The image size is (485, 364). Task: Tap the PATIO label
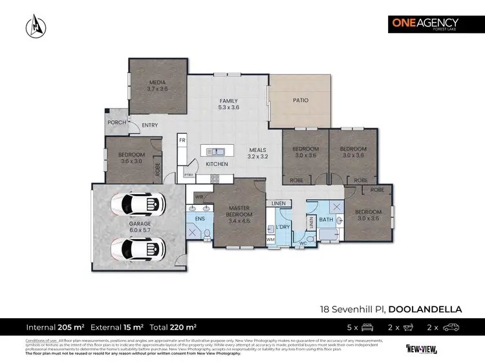pyautogui.click(x=300, y=100)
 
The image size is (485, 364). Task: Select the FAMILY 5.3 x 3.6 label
pyautogui.click(x=228, y=104)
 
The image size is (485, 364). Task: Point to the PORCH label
pyautogui.click(x=116, y=122)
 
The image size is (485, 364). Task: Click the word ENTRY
pyautogui.click(x=149, y=125)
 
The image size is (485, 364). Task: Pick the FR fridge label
pyautogui.click(x=182, y=140)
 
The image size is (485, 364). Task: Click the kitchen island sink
pyautogui.click(x=216, y=152)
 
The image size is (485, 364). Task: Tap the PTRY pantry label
pyautogui.click(x=189, y=175)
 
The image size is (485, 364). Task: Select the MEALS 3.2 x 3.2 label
pyautogui.click(x=258, y=153)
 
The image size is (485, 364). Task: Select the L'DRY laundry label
pyautogui.click(x=283, y=228)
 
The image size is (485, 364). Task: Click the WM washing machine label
pyautogui.click(x=270, y=240)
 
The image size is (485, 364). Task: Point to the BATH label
pyautogui.click(x=326, y=220)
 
